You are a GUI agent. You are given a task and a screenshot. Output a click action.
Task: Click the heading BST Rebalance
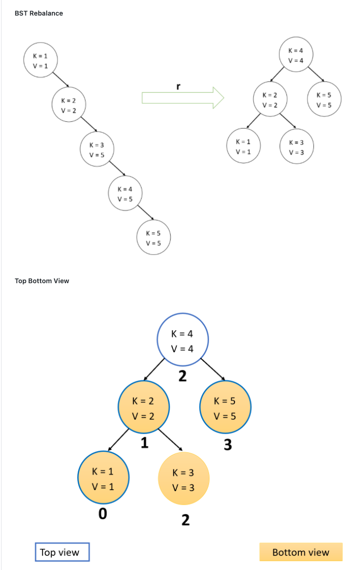(x=39, y=13)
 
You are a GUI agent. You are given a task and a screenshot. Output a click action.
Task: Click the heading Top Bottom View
(x=42, y=281)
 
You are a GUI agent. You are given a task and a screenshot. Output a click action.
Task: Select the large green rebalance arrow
(x=182, y=98)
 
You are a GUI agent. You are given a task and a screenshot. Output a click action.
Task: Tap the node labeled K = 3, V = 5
(x=96, y=149)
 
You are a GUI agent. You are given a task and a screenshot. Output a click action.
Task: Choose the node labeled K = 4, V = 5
(x=125, y=194)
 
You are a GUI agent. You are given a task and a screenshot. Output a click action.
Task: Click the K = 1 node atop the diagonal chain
(x=40, y=60)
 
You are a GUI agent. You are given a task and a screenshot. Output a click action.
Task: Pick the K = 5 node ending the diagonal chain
(x=153, y=238)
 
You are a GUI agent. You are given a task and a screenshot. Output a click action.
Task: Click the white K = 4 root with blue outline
(x=183, y=340)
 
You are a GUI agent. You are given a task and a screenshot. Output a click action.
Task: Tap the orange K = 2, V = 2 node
(x=143, y=408)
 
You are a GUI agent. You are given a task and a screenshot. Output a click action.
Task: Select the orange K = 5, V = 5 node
(x=225, y=408)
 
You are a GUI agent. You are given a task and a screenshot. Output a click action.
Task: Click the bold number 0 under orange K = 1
(x=103, y=515)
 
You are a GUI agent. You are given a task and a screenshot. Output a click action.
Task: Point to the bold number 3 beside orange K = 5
(x=228, y=445)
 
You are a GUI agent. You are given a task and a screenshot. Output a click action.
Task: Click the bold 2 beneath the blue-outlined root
(x=182, y=376)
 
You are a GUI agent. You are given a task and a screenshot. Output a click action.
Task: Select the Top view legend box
(x=62, y=552)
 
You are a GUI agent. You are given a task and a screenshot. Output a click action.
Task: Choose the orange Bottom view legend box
(x=301, y=552)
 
